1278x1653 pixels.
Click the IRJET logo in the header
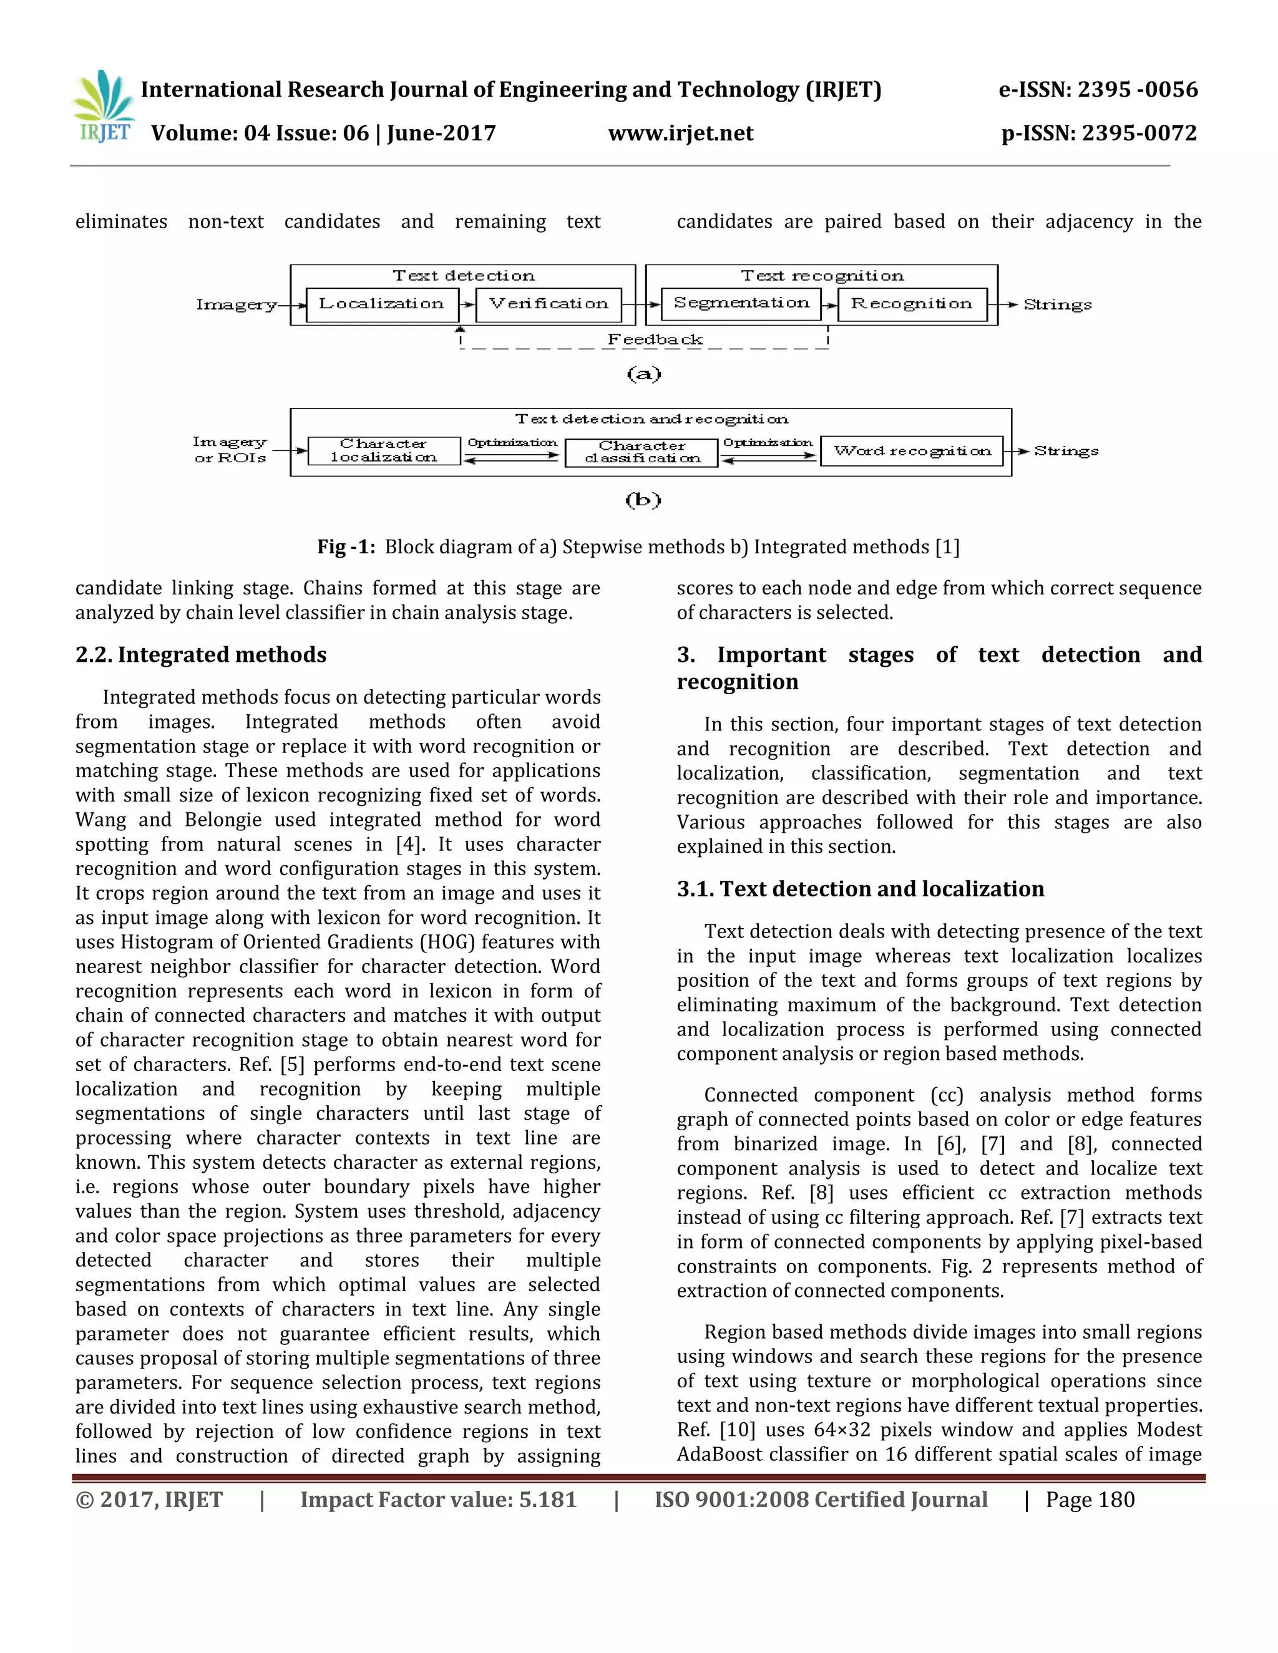click(x=104, y=107)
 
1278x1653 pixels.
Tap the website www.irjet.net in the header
click(x=681, y=134)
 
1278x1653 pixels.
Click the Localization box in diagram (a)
click(x=381, y=304)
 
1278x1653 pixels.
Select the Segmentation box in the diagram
click(x=741, y=304)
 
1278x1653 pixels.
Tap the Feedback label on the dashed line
click(x=655, y=340)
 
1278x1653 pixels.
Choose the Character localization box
click(x=384, y=450)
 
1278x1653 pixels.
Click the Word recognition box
click(x=912, y=451)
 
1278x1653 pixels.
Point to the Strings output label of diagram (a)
click(x=1058, y=305)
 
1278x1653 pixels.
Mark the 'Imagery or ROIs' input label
click(x=230, y=450)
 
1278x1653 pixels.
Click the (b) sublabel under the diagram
click(x=643, y=500)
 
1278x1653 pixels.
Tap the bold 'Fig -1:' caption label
click(x=346, y=546)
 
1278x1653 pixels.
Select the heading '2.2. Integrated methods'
click(x=201, y=655)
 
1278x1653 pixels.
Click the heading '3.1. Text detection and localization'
click(x=860, y=888)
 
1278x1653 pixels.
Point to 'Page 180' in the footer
click(x=1090, y=1500)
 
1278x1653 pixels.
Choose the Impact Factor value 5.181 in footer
click(x=438, y=1500)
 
